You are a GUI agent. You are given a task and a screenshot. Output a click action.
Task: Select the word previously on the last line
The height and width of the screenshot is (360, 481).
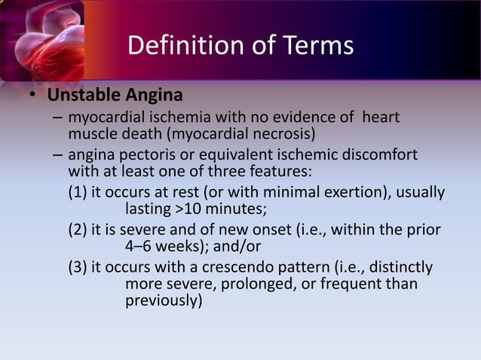click(164, 301)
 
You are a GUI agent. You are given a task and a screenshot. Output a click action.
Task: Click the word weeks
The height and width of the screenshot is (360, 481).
click(186, 246)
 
